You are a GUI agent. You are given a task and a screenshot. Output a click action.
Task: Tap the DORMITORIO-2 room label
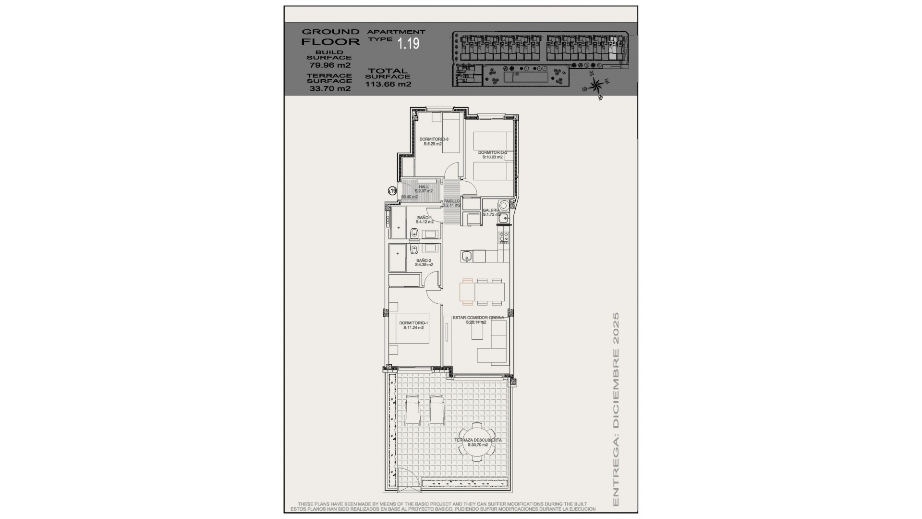coord(492,153)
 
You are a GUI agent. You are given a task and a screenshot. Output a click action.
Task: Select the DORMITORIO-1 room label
coord(413,323)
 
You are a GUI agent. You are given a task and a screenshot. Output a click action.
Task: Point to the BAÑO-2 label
coord(424,260)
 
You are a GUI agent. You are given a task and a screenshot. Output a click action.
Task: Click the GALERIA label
coord(491,210)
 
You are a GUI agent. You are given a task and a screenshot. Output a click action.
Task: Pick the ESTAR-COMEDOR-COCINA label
coord(478,318)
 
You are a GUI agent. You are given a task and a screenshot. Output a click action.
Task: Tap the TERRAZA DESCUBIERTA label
coord(478,440)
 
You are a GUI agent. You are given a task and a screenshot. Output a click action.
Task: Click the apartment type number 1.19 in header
coord(408,44)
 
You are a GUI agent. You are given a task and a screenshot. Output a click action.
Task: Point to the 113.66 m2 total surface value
coord(388,84)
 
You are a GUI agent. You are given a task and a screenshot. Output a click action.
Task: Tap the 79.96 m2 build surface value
coord(329,65)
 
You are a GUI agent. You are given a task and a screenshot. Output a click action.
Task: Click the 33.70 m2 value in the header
coord(329,88)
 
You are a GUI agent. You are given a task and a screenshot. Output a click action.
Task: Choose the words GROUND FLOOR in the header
coord(330,37)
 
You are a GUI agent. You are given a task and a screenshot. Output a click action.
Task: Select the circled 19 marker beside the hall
coord(392,191)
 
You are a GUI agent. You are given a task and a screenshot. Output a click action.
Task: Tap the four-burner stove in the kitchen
coord(504,236)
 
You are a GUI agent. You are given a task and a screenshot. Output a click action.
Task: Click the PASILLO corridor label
coord(451,201)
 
